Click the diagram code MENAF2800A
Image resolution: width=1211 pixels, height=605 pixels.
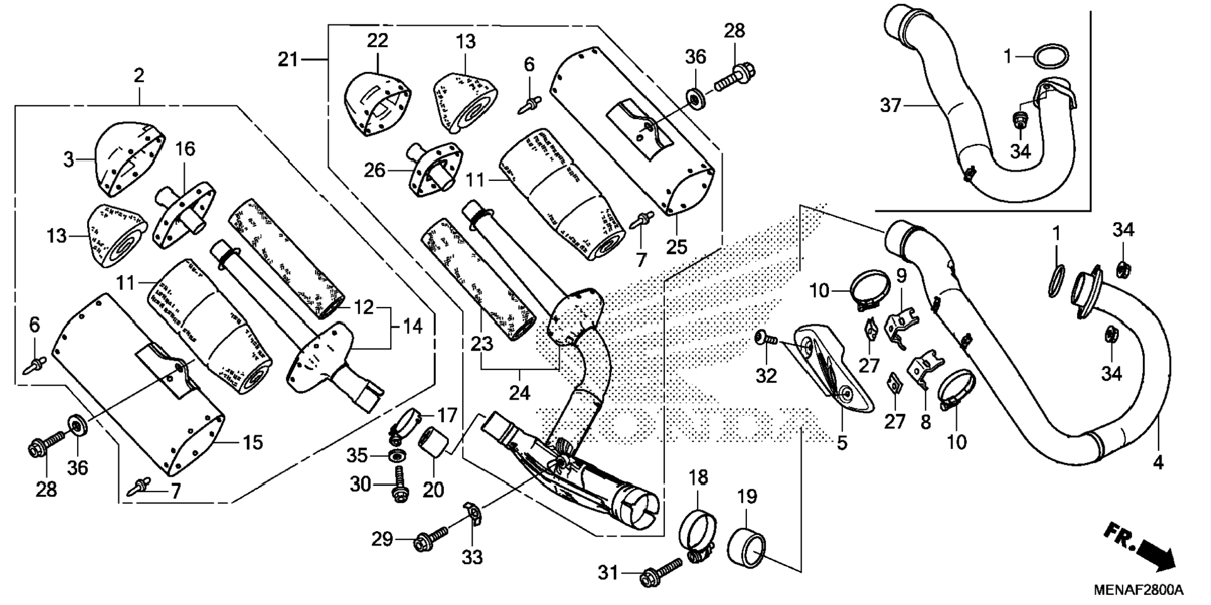pyautogui.click(x=1138, y=590)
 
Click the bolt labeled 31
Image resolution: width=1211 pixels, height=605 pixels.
pyautogui.click(x=661, y=571)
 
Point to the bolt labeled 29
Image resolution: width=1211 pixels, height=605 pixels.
pyautogui.click(x=432, y=539)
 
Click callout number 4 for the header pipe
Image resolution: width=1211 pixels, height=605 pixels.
pyautogui.click(x=1158, y=463)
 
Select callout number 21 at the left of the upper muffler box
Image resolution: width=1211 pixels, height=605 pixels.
pyautogui.click(x=288, y=60)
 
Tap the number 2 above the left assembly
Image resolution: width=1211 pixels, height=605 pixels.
pyautogui.click(x=139, y=76)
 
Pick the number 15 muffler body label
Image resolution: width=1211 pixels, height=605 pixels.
pyautogui.click(x=252, y=443)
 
